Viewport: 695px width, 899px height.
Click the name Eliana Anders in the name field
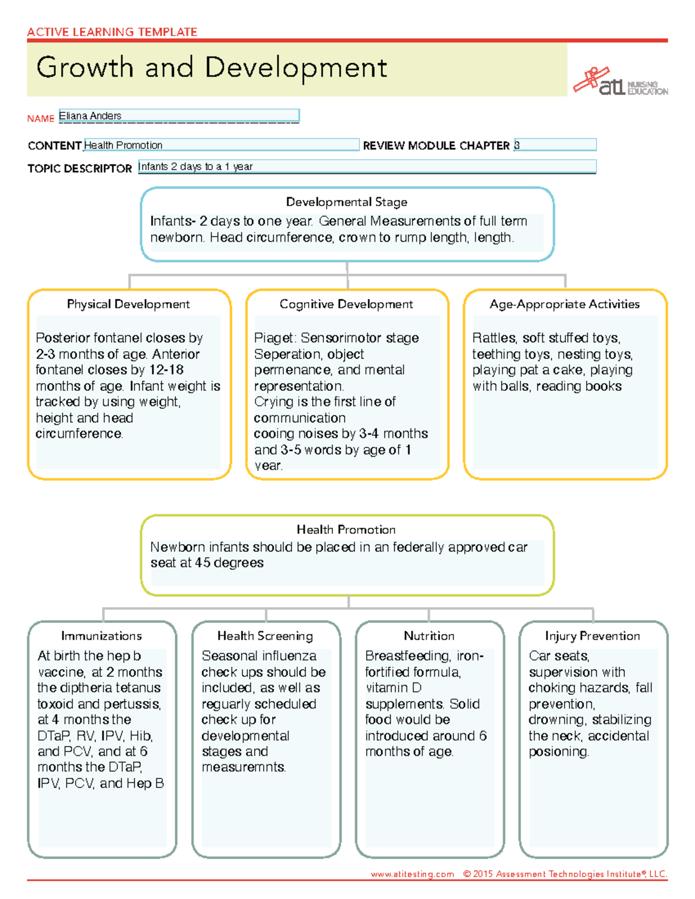[90, 116]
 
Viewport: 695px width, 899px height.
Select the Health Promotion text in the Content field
[123, 145]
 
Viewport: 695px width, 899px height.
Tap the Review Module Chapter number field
[554, 145]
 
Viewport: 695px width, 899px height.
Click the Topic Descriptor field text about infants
[196, 167]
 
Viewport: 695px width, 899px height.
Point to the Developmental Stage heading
[346, 202]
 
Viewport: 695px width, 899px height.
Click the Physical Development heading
[128, 304]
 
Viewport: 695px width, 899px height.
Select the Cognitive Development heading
[346, 304]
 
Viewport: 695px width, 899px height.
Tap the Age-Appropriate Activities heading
[565, 304]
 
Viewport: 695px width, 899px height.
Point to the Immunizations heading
[101, 636]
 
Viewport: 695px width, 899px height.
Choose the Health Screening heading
[265, 636]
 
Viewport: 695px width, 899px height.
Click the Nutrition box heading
[429, 636]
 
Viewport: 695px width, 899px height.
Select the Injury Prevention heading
[592, 636]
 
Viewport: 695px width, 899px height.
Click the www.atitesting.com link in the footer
[412, 874]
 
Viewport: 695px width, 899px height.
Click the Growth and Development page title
[211, 68]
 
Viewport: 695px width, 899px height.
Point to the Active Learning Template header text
[112, 32]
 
